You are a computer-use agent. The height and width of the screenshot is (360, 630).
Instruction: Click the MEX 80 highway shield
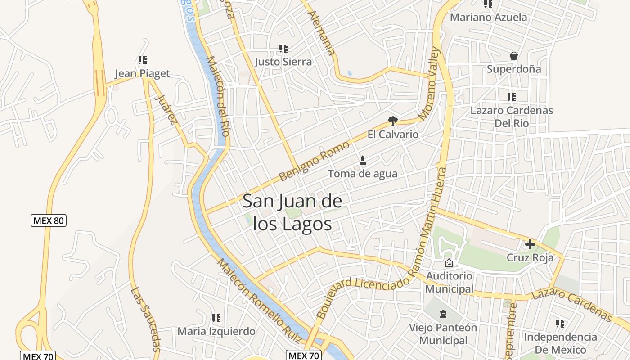pos(49,220)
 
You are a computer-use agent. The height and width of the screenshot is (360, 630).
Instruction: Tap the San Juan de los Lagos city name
pos(292,212)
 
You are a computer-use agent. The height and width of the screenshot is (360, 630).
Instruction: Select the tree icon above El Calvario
pos(393,121)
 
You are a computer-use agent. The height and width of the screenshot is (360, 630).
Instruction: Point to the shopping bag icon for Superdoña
pos(513,56)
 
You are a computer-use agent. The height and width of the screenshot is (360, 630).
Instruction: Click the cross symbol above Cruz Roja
pos(530,244)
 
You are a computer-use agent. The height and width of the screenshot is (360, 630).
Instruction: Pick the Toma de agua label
pos(363,174)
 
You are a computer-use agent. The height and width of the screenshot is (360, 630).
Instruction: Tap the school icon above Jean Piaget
pos(143,60)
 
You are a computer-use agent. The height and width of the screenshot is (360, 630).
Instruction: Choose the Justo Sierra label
pos(283,62)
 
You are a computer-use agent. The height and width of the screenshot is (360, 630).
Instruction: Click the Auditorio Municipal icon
pos(449,263)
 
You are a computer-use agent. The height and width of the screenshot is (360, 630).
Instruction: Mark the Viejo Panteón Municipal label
pos(443,334)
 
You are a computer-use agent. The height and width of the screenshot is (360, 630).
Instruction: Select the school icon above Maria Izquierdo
pos(216,318)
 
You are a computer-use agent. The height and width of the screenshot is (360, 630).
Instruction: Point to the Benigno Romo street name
pos(314,161)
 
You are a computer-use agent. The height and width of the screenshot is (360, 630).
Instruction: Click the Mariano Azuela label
pos(488,18)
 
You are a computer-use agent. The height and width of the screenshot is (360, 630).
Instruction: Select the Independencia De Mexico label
pos(560,343)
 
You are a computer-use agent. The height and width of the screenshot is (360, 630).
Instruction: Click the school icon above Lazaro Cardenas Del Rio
pos(511,97)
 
